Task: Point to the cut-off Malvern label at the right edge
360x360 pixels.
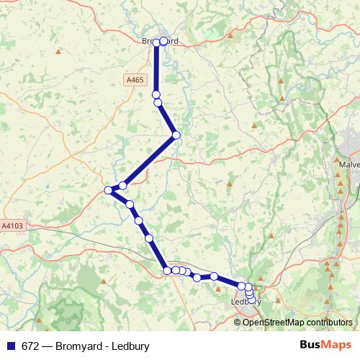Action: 348,164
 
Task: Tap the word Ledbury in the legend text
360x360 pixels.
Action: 130,346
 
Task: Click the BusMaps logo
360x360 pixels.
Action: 325,346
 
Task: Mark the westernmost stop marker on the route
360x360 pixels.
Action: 108,190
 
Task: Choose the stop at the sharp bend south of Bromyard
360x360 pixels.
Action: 176,135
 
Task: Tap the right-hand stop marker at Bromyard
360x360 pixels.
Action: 163,41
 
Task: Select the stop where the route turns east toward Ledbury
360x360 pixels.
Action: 167,271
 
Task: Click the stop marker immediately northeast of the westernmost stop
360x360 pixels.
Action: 123,186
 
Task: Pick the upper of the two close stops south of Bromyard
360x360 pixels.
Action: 156,94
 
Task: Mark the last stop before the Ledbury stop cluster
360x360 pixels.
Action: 214,276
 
